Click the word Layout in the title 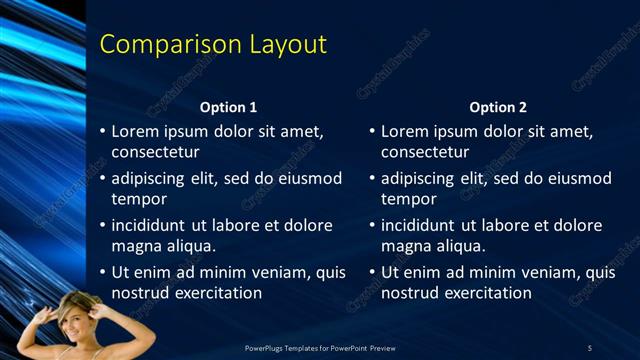tap(290, 45)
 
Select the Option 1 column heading tap(228, 107)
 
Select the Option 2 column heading tap(498, 107)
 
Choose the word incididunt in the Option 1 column tap(153, 225)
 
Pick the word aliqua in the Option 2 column tap(459, 245)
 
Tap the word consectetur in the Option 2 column tap(425, 152)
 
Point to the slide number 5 tap(590, 347)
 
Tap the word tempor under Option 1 tap(136, 199)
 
